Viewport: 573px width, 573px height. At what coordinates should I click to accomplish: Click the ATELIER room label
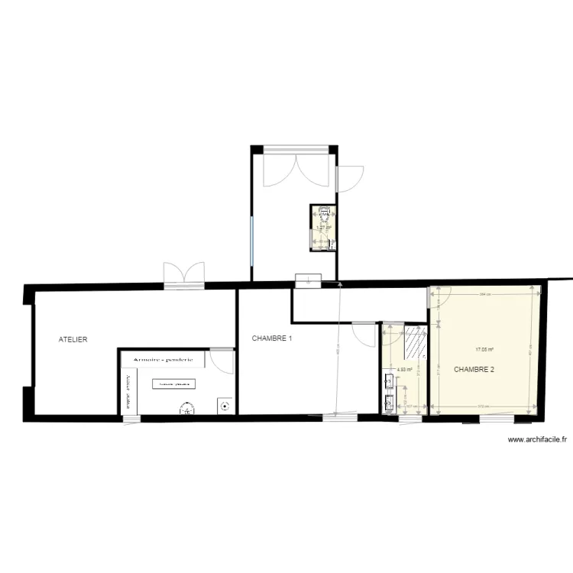click(x=73, y=338)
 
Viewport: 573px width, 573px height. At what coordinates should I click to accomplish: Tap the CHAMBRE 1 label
click(x=272, y=338)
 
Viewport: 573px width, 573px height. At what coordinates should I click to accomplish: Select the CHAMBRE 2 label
click(x=474, y=370)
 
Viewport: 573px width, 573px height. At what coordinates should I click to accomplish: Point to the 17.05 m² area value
click(x=484, y=350)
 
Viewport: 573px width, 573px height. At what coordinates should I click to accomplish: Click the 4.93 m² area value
click(x=405, y=371)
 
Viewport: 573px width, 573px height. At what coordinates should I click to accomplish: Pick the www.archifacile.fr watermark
click(x=537, y=439)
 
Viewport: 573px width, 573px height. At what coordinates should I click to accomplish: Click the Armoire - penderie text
click(x=163, y=358)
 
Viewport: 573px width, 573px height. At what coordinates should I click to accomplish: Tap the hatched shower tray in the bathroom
click(x=414, y=342)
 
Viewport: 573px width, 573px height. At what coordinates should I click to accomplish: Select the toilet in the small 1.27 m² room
click(x=324, y=215)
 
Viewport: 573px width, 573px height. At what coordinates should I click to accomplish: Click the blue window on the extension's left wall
click(x=251, y=241)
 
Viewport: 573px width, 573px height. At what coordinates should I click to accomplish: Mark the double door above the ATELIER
click(x=184, y=274)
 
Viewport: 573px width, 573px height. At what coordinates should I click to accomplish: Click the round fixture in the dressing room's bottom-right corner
click(x=224, y=406)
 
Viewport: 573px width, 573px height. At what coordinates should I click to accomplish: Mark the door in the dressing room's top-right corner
click(x=222, y=360)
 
